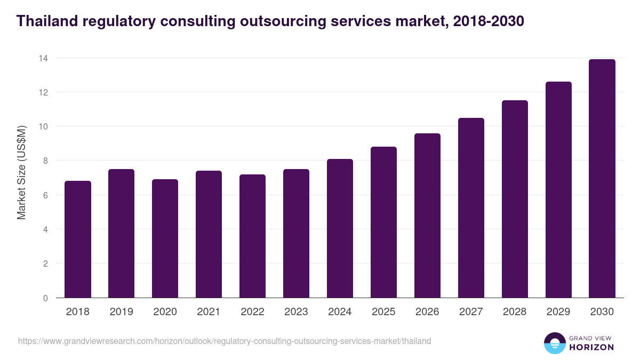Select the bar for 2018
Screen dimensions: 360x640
coord(78,239)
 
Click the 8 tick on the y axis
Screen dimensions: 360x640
coord(46,161)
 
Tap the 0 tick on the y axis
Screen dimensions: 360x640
coord(46,298)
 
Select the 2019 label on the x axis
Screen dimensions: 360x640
coord(122,312)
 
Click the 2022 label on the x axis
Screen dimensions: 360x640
coord(253,312)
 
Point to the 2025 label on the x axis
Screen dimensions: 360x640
coord(383,312)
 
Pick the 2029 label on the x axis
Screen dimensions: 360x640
coord(558,312)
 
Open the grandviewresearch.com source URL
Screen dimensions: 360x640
coord(225,341)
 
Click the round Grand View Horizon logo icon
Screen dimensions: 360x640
coord(555,343)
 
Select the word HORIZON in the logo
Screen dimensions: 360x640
coord(591,347)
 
